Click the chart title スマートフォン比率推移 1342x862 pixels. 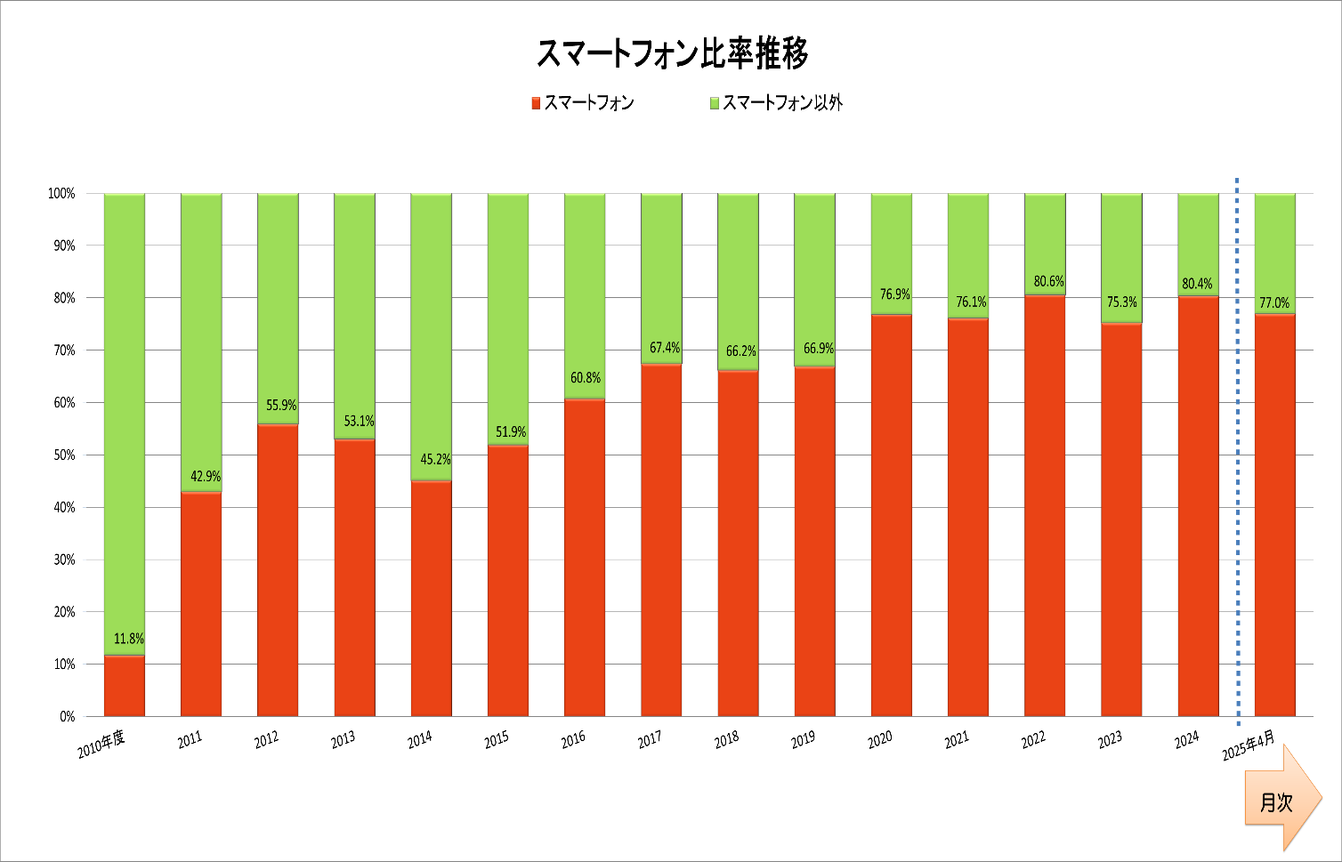coord(672,54)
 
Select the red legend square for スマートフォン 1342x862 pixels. coord(536,103)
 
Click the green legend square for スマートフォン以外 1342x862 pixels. coord(714,103)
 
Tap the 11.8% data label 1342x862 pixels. coord(129,639)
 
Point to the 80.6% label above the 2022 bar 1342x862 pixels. coord(1048,281)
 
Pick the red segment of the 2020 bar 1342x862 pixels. coord(891,516)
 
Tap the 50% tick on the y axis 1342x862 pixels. coord(65,455)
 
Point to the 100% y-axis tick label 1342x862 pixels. coord(61,193)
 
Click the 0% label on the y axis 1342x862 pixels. coord(68,716)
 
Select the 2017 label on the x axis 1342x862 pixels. coord(650,739)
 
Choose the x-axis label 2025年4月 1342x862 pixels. coord(1248,745)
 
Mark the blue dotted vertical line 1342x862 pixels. coord(1237,445)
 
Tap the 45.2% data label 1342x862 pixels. coord(435,459)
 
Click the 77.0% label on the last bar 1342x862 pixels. coord(1274,302)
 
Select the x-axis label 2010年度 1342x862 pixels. coord(101,745)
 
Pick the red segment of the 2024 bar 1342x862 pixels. coord(1198,507)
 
